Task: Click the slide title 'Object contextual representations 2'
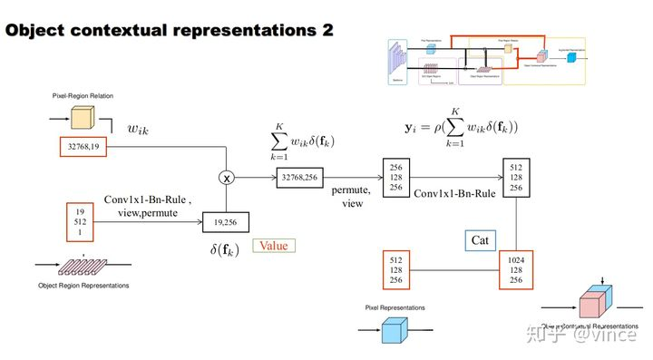169,30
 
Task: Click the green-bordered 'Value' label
274,246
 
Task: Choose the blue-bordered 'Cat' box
481,239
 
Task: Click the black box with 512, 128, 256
515,178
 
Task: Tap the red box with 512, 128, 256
395,270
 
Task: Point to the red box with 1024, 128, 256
515,270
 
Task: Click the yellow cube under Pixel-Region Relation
83,118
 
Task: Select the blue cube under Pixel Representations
393,331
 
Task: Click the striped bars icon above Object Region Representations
82,265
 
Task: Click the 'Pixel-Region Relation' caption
83,95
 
